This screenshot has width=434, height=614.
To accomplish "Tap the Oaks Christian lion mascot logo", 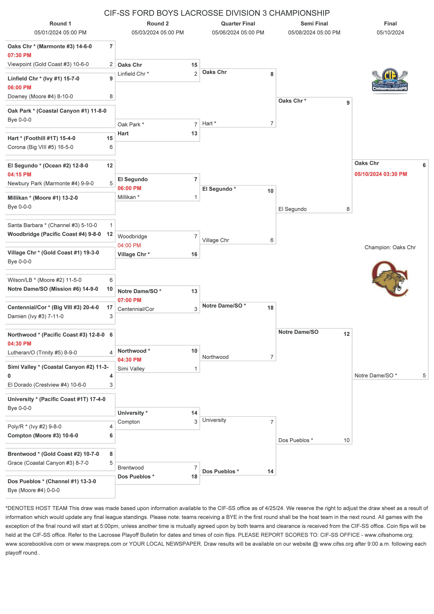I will click(x=390, y=279).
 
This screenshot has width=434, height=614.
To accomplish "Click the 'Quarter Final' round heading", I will click(x=238, y=23).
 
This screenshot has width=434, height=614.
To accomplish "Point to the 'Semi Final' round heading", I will click(x=314, y=23).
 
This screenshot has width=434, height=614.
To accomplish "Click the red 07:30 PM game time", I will click(x=19, y=55).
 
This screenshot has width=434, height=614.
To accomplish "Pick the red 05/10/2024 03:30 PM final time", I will click(x=381, y=174).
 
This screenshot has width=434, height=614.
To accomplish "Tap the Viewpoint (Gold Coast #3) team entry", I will click(x=48, y=64).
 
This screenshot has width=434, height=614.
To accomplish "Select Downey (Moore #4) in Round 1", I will click(x=40, y=96).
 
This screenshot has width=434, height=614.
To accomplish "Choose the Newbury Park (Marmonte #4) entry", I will click(x=51, y=183).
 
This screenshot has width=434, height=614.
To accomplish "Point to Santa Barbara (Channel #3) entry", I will click(x=52, y=225).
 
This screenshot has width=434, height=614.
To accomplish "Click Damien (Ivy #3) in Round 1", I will click(x=36, y=316).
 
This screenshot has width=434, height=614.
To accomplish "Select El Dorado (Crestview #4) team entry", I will click(x=47, y=385).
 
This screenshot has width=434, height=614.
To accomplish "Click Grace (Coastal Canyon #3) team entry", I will click(x=48, y=463).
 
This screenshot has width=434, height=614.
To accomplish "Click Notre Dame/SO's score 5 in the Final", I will click(x=424, y=375).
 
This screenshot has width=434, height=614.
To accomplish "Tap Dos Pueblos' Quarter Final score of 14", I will click(x=270, y=472).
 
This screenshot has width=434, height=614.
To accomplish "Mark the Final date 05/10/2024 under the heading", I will click(x=390, y=33).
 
